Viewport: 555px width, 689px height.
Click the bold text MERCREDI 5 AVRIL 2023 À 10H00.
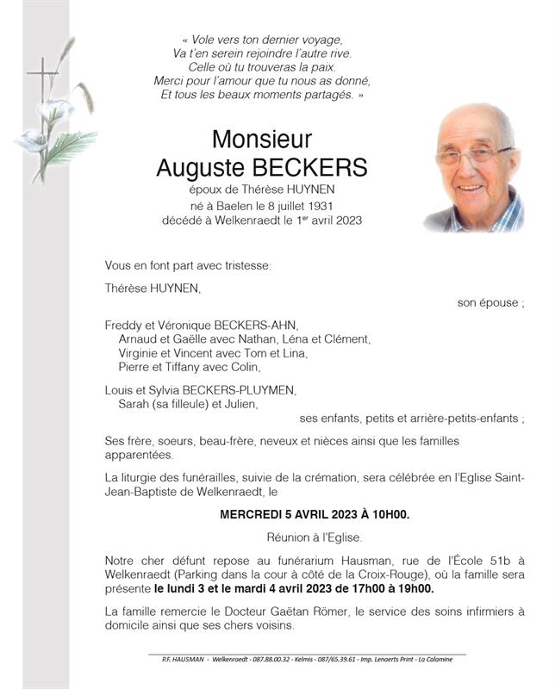[x=315, y=515]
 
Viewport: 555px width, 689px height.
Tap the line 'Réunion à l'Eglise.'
[x=315, y=536]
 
